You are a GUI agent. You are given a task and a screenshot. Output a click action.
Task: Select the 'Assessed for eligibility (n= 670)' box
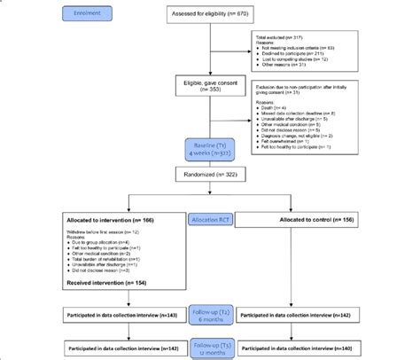click(210, 15)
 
